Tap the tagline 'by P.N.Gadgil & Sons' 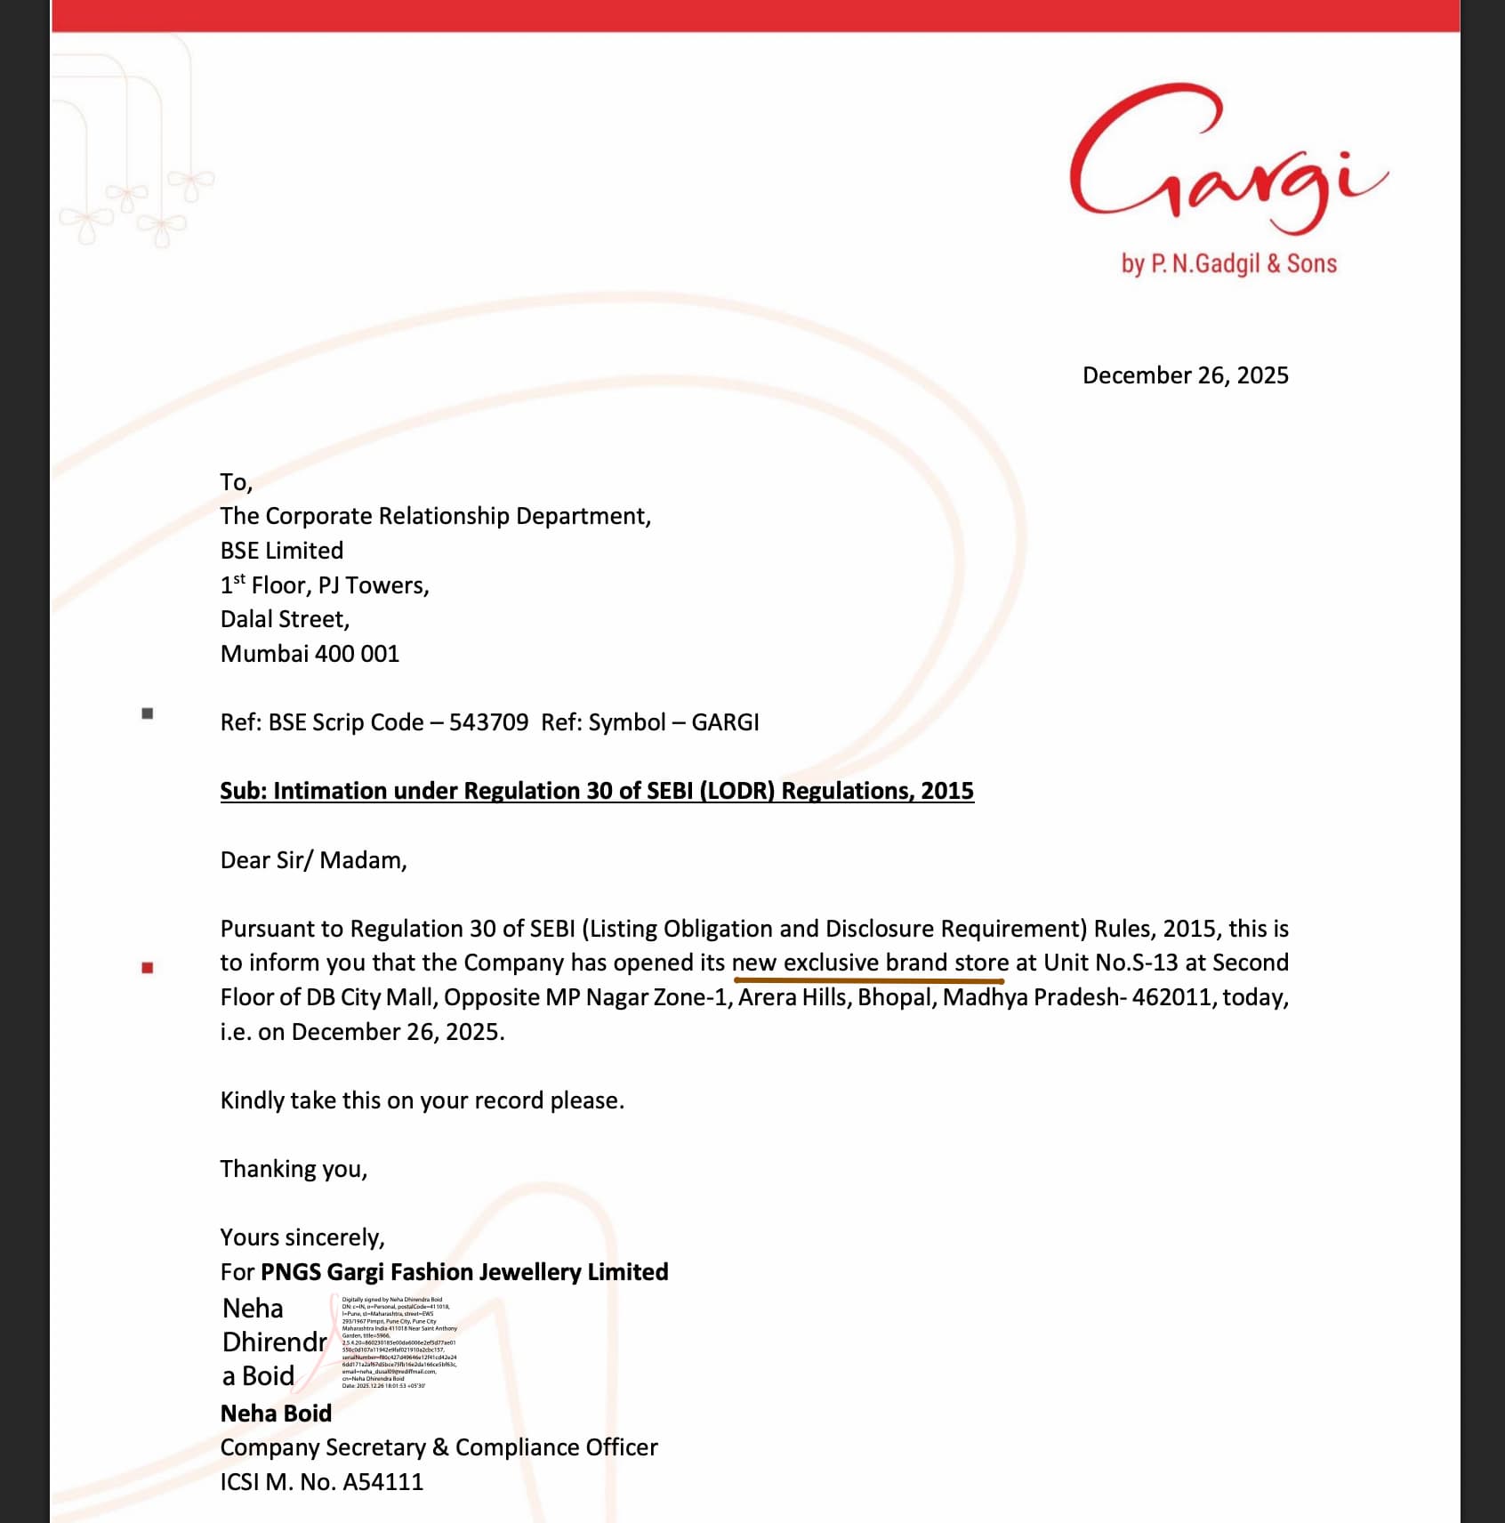[x=1228, y=263]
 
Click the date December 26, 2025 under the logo [x=1185, y=375]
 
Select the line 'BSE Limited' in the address [x=281, y=551]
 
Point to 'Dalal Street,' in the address [x=285, y=619]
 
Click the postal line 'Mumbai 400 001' [x=310, y=654]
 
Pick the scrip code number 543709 [x=488, y=722]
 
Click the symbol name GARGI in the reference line [x=725, y=722]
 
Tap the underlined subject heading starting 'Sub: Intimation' [x=597, y=791]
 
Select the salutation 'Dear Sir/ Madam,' [x=313, y=860]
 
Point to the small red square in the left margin [x=148, y=968]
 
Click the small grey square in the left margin [x=148, y=713]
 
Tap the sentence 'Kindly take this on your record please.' [x=422, y=1100]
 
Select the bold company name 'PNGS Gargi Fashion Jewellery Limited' [x=464, y=1272]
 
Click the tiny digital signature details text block [x=398, y=1342]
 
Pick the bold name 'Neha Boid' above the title [x=276, y=1414]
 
